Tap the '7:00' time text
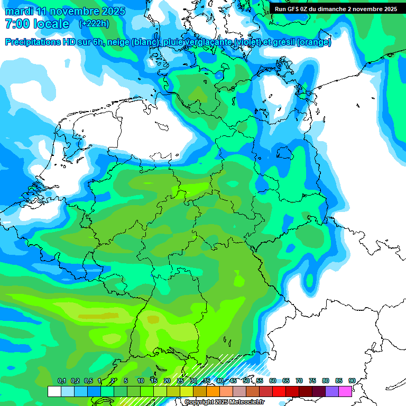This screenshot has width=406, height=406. coord(16,24)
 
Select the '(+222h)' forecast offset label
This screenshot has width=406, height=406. coord(94,24)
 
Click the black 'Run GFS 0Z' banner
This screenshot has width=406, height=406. coord(336,9)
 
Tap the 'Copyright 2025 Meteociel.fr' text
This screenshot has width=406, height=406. coord(224,402)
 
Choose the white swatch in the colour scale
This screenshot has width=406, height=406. coord(54,391)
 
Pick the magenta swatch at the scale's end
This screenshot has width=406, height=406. coord(345,391)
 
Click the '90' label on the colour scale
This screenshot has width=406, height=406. coord(352,381)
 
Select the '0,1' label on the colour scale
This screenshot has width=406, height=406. coord(62,381)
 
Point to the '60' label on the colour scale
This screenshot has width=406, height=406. coord(273,381)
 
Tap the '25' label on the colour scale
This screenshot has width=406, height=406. coord(180,381)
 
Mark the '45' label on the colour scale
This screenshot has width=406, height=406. coord(233,381)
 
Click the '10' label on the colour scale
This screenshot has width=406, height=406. coord(141,381)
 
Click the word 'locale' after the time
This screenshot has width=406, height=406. coord(51,24)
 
